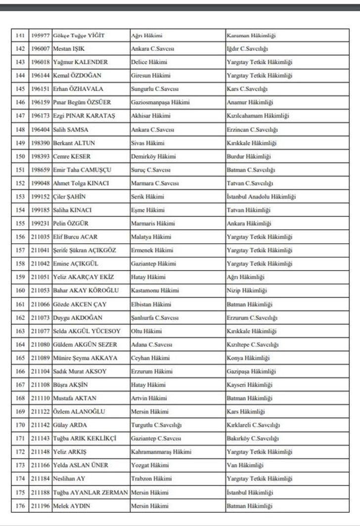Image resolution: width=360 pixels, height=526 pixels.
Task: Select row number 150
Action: pyautogui.click(x=20, y=157)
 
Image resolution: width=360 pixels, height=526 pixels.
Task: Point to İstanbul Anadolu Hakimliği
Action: pyautogui.click(x=261, y=197)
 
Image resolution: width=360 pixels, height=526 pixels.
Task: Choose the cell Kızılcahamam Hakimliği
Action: pyautogui.click(x=258, y=116)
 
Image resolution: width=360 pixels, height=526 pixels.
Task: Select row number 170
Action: pyautogui.click(x=20, y=425)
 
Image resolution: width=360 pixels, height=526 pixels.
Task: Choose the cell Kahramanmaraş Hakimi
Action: pyautogui.click(x=161, y=452)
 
